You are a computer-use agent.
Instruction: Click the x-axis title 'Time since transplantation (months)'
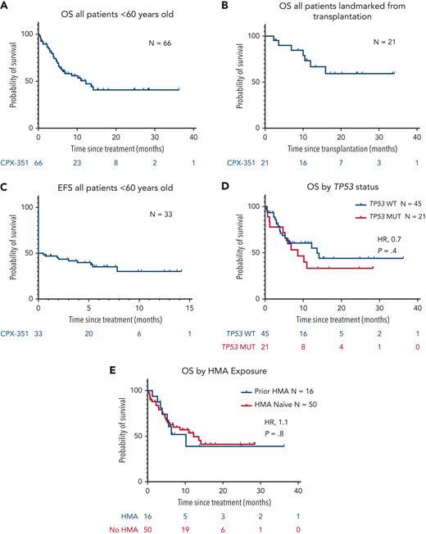[x=327, y=145]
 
